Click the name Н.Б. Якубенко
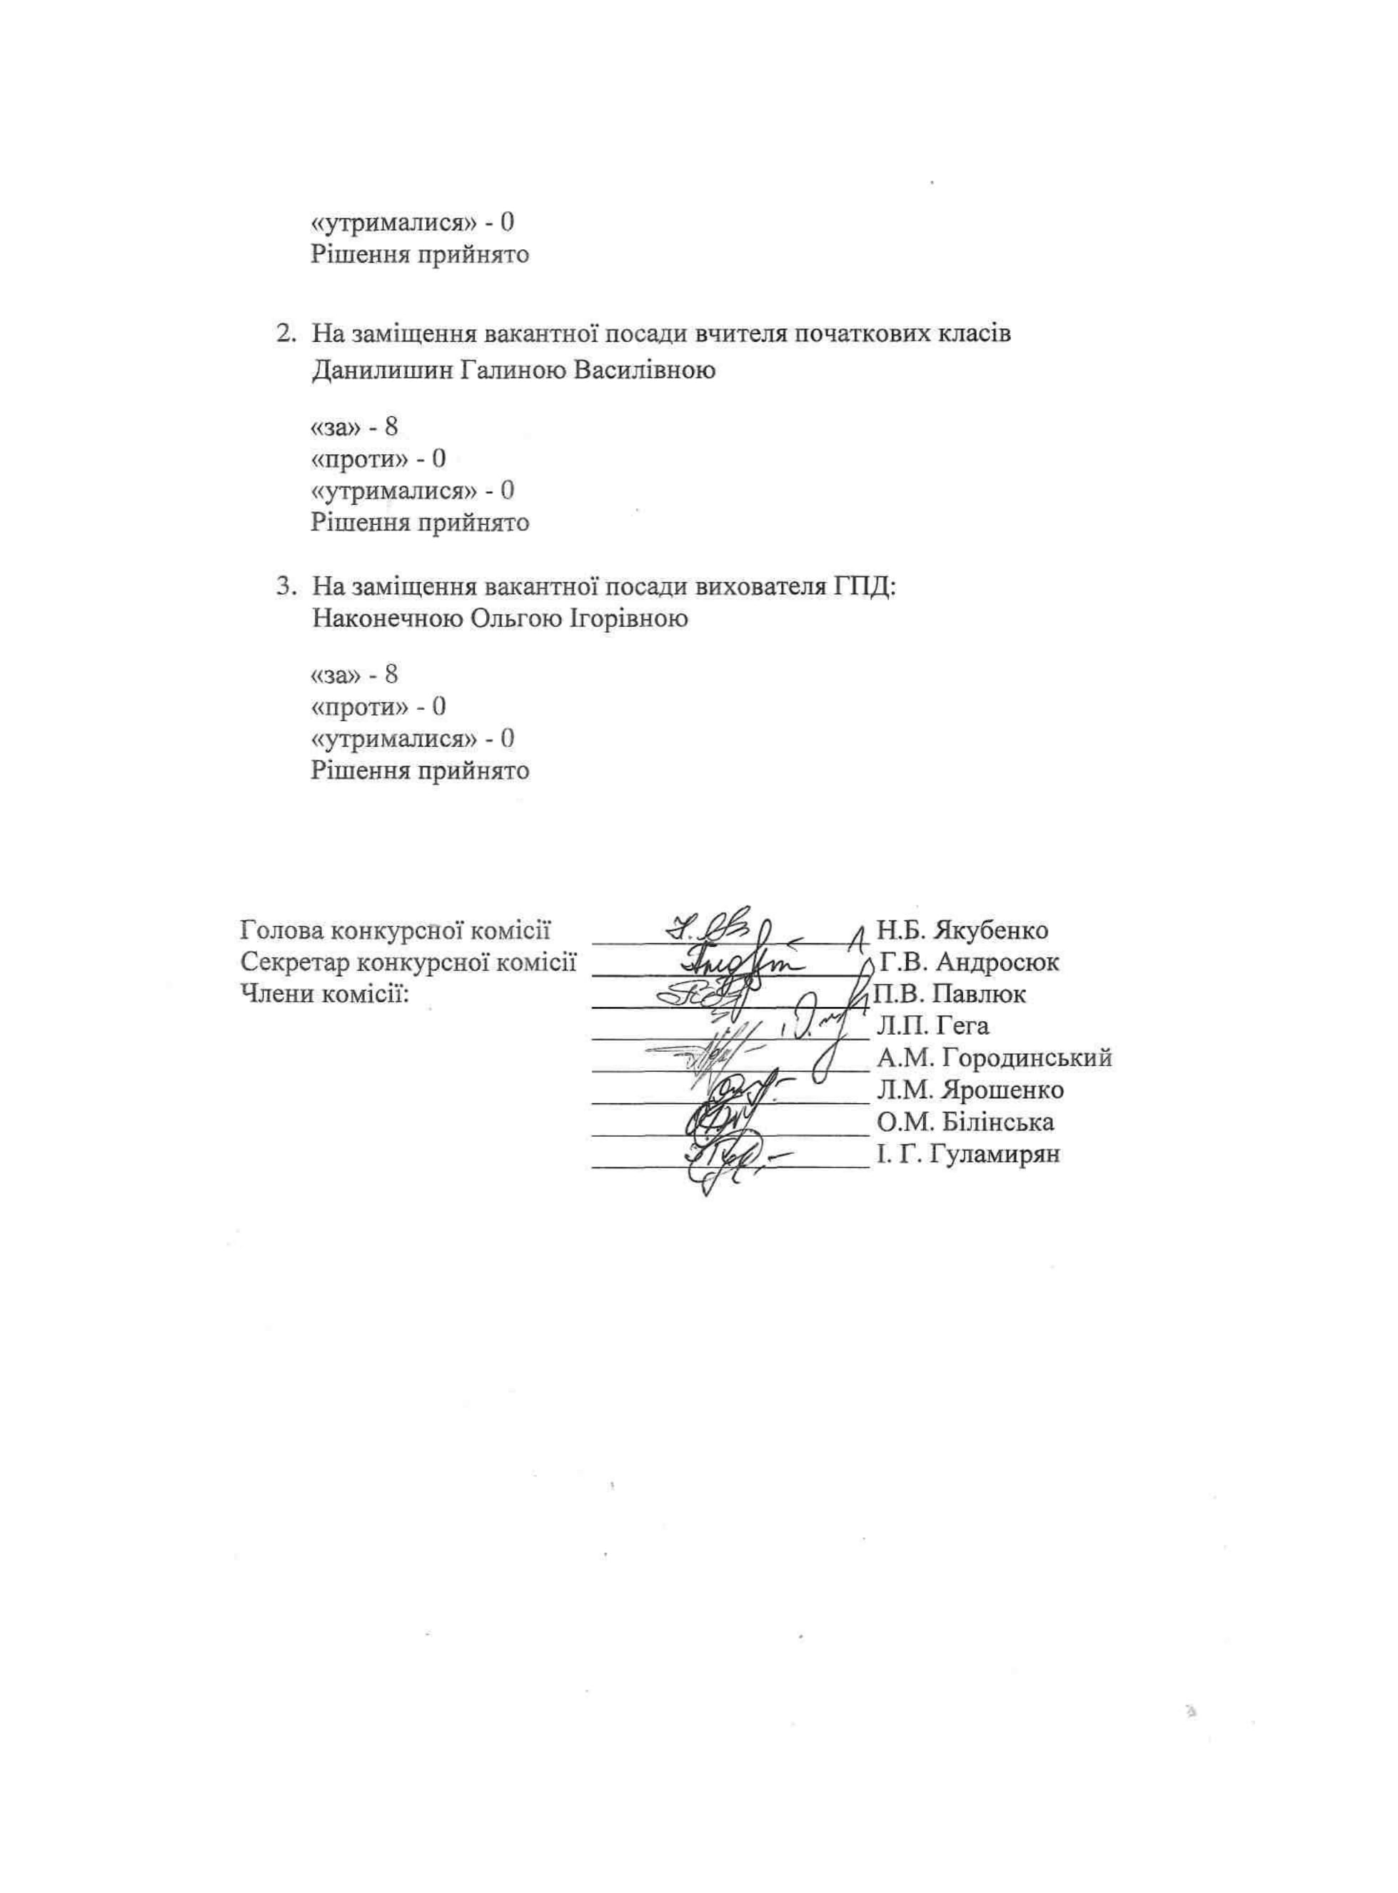tap(962, 930)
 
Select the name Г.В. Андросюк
tap(969, 962)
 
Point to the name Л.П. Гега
tap(932, 1025)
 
